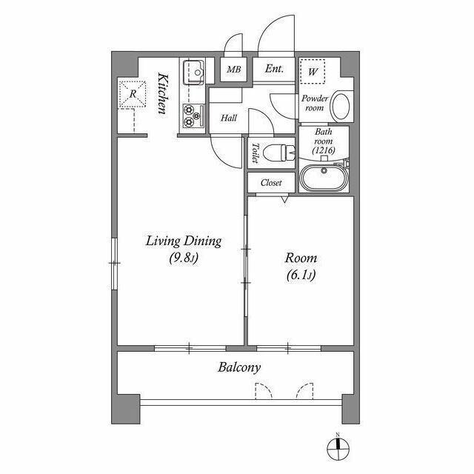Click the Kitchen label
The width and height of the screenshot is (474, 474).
[162, 93]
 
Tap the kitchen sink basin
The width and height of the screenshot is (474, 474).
[194, 73]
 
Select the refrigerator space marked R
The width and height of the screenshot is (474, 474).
[133, 94]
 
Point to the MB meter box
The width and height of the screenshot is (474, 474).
[234, 70]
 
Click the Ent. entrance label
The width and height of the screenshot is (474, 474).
[274, 69]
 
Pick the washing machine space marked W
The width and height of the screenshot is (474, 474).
[313, 72]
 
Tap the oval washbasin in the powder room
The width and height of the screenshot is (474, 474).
[341, 106]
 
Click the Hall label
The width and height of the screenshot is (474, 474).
[229, 118]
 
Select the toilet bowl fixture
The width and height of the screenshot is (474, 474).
[279, 153]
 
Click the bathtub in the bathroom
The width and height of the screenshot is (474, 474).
[324, 178]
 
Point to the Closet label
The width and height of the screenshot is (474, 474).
[271, 183]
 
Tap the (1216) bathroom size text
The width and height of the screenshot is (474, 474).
[324, 150]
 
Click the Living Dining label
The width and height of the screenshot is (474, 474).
[184, 241]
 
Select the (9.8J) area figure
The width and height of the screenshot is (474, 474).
[184, 258]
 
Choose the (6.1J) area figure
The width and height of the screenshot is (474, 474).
[301, 275]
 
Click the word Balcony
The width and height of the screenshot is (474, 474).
[239, 367]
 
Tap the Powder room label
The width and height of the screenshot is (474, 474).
[315, 103]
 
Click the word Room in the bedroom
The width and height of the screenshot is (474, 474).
[301, 258]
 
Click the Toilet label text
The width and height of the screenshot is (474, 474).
[256, 153]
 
